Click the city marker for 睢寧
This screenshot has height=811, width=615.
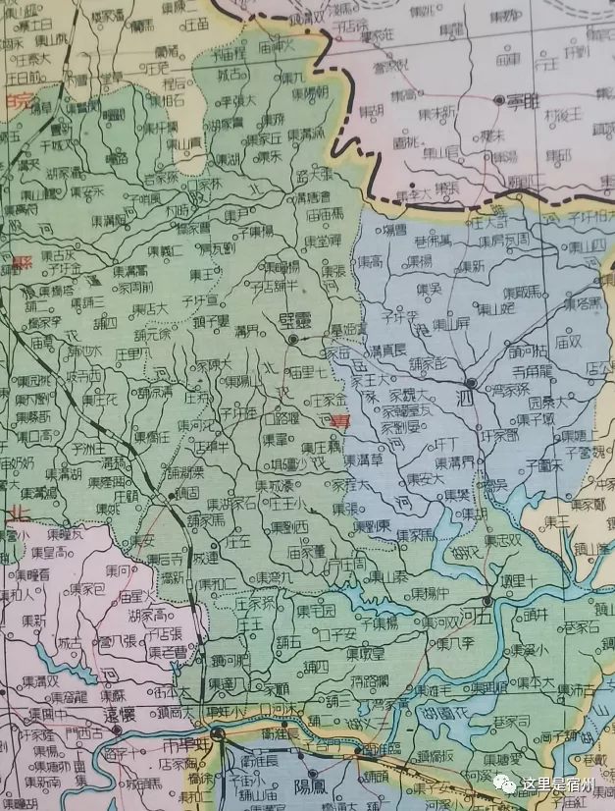496,100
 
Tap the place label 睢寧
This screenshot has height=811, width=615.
524,100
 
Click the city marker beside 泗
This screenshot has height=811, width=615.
471,383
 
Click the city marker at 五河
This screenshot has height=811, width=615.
487,600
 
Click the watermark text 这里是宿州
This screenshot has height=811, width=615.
559,784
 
